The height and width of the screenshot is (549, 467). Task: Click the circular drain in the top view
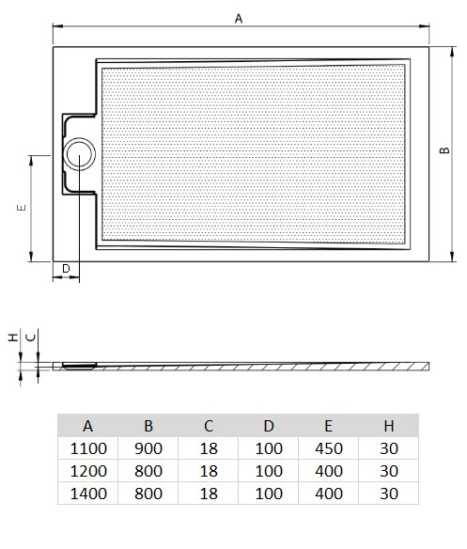[x=79, y=153]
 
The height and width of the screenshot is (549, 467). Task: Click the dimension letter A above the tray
[x=239, y=17]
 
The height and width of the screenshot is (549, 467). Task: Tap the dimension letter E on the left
[x=21, y=208]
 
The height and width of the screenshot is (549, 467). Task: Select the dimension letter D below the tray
[x=66, y=270]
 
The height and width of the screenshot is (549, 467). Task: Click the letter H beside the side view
[x=12, y=336]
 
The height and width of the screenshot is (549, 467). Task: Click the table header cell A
[x=88, y=425]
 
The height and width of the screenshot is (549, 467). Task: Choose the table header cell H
[x=390, y=425]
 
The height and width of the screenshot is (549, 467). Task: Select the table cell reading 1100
[x=88, y=448]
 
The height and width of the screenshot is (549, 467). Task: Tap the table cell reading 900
[x=148, y=448]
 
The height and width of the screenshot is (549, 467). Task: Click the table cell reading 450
[x=330, y=448]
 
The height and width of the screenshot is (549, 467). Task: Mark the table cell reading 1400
[x=88, y=493]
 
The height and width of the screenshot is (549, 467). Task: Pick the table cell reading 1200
[x=88, y=470]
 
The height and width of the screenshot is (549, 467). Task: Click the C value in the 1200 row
[x=209, y=470]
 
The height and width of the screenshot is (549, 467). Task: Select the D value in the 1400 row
[x=270, y=493]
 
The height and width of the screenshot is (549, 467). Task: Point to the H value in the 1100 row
[x=390, y=448]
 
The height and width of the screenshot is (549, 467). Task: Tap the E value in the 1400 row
[x=330, y=493]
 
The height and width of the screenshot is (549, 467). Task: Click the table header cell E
[x=330, y=425]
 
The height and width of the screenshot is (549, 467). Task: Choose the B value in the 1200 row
[x=148, y=470]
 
